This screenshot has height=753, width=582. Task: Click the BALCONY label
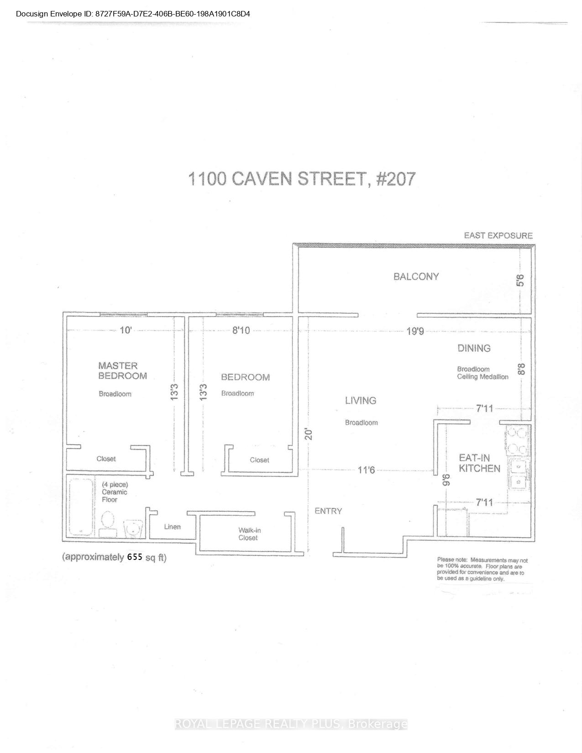(x=416, y=277)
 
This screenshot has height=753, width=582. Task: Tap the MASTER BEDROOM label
(x=122, y=371)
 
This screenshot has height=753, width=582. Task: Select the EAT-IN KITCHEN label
(x=479, y=463)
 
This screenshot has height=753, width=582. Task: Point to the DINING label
(x=474, y=348)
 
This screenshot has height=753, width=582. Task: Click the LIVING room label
(x=360, y=401)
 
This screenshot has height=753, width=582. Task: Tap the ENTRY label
(x=328, y=511)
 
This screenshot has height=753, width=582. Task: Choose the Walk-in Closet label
(x=249, y=534)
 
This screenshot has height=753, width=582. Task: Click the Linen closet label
(x=172, y=527)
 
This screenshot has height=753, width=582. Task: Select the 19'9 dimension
(x=415, y=331)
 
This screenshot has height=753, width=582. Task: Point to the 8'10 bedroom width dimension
(x=241, y=330)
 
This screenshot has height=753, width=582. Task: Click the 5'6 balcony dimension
(x=521, y=280)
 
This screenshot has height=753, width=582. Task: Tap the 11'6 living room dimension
(x=366, y=470)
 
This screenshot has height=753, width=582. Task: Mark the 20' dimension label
(x=309, y=434)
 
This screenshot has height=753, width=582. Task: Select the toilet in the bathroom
(x=108, y=523)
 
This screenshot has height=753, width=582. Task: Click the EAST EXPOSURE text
(x=498, y=235)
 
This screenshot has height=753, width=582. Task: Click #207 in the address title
(x=395, y=179)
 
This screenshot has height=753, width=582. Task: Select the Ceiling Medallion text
(x=482, y=377)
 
